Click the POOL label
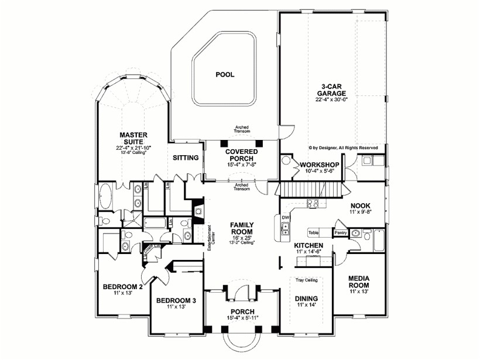pos(225,75)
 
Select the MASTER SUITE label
pos(133,138)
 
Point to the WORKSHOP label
pos(320,164)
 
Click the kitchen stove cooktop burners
pos(313,204)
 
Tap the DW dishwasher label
pos(286,218)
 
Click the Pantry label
pos(341,233)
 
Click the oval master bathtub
pos(107,197)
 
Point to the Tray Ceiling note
pos(306,280)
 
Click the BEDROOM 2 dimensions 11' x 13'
pos(122,293)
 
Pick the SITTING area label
pos(186,158)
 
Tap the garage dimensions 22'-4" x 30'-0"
pos(332,100)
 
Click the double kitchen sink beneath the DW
pos(285,231)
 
